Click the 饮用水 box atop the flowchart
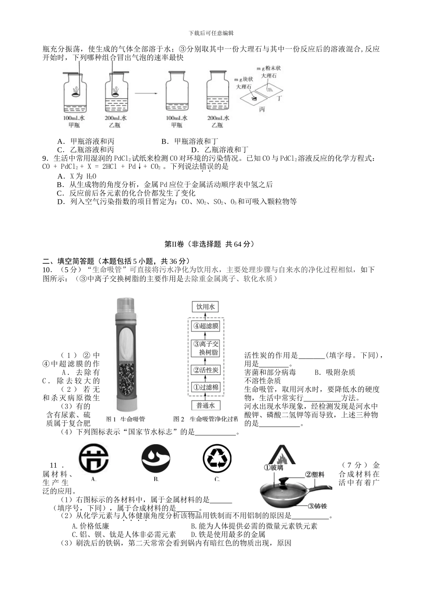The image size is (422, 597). pos(205,307)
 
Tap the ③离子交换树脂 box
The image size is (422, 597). pos(205,348)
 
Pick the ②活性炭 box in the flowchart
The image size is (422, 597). pos(205,370)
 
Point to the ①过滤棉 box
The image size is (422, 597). pos(205,387)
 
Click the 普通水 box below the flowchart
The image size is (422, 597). pos(205,405)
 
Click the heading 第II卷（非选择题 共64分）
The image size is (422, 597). pos(211,244)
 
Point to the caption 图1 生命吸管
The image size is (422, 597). pos(126,419)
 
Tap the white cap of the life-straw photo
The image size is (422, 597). pos(125,304)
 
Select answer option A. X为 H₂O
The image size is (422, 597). pos(77,176)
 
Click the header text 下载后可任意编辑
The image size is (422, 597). pos(211,33)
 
